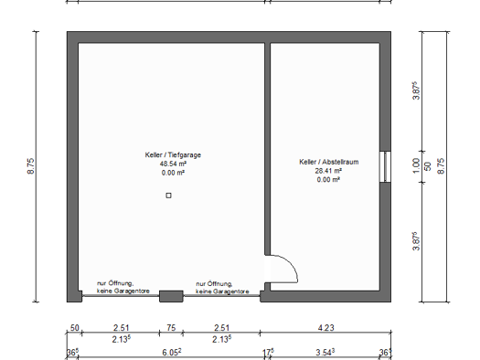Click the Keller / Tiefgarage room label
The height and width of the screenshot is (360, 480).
[173, 154]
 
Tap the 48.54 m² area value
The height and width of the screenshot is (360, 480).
[173, 164]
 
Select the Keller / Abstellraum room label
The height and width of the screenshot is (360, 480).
[329, 162]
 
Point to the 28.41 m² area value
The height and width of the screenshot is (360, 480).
[328, 171]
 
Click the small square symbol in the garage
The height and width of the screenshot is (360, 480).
[168, 196]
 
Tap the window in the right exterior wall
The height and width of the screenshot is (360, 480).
[386, 166]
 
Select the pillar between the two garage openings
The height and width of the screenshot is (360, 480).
[171, 296]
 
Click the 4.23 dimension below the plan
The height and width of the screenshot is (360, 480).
[326, 328]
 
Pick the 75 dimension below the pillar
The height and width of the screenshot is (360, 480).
[171, 328]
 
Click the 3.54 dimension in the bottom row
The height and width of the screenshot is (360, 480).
[325, 353]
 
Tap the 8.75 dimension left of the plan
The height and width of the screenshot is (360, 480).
[31, 166]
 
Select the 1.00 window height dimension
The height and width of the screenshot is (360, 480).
[416, 165]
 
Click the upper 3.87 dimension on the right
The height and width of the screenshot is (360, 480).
[416, 90]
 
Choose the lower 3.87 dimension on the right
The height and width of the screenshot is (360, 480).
[416, 241]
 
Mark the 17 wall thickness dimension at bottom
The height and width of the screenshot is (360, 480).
[268, 353]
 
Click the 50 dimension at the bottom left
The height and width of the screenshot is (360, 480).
[75, 328]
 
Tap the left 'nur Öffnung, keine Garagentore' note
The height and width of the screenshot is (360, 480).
[123, 287]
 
